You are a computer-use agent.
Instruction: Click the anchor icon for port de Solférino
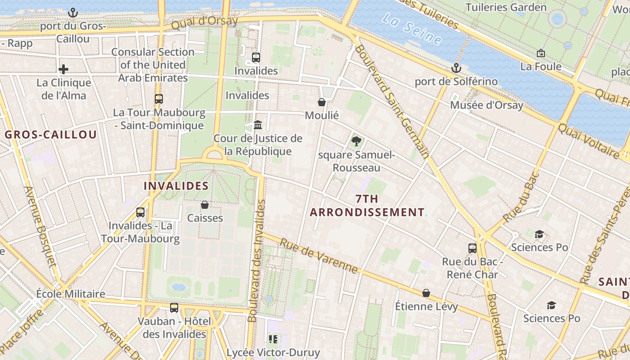click(x=456, y=68)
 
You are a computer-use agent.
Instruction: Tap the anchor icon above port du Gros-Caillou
click(x=73, y=13)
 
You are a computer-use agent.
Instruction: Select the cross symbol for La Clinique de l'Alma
click(x=63, y=69)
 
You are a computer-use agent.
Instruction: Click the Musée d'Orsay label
click(x=486, y=105)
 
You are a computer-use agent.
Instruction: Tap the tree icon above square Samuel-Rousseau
click(x=356, y=142)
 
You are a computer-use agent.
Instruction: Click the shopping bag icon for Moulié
click(x=322, y=102)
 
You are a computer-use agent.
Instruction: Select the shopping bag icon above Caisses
click(x=205, y=205)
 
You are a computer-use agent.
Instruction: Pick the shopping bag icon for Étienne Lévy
click(x=426, y=293)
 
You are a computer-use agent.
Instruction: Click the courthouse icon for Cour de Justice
click(x=258, y=125)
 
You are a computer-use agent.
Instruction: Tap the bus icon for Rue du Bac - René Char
click(x=472, y=248)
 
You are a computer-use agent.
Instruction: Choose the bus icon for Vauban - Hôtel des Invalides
click(x=174, y=308)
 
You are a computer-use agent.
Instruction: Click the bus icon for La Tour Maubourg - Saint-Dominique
click(x=159, y=99)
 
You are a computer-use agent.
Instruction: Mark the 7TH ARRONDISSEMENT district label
click(x=367, y=206)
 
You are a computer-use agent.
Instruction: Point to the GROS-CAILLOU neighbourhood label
click(x=51, y=135)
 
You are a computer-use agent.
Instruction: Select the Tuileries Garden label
click(x=506, y=7)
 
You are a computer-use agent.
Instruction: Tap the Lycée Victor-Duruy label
click(x=273, y=352)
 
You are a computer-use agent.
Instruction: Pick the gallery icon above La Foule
click(x=541, y=54)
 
